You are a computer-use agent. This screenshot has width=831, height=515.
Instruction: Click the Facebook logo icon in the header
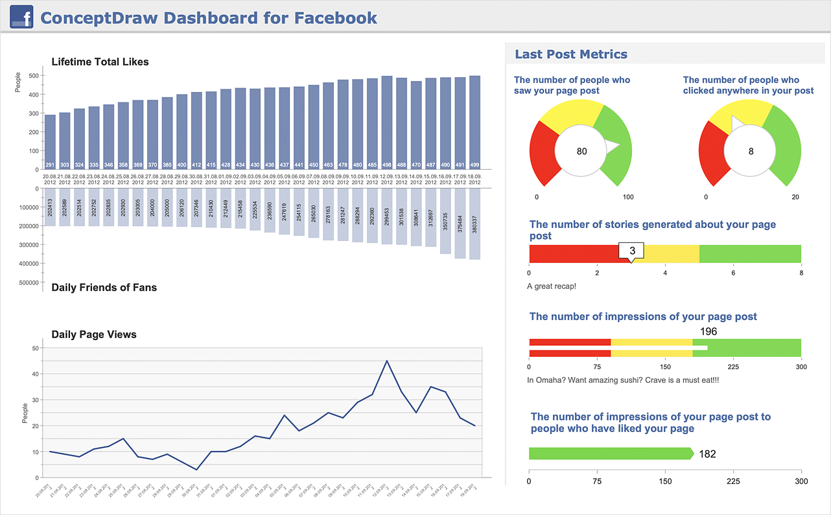(21, 17)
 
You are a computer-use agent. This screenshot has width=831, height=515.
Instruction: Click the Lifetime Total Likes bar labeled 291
(50, 142)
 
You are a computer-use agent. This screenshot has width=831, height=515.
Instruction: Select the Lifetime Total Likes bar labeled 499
(474, 122)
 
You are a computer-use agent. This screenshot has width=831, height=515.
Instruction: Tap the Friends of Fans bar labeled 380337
(474, 223)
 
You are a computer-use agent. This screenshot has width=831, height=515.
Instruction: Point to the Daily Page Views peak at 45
(387, 361)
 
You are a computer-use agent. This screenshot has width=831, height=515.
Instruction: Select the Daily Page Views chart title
(94, 335)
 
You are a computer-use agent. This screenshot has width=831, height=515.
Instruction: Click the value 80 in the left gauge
(581, 152)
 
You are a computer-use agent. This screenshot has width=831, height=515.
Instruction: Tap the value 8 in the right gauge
(751, 152)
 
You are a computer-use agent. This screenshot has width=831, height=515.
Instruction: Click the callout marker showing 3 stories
(632, 251)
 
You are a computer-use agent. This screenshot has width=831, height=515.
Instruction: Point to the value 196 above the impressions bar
(708, 332)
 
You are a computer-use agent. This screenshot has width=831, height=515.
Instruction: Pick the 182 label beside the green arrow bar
(707, 454)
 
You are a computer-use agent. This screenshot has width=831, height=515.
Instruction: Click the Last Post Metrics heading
(571, 54)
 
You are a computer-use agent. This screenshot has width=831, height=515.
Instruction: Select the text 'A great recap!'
(550, 286)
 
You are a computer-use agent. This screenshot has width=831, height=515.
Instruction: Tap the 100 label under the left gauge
(627, 197)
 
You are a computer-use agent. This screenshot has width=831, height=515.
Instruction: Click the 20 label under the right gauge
(795, 197)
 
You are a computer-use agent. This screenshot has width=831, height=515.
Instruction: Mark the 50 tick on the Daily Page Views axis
(36, 348)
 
